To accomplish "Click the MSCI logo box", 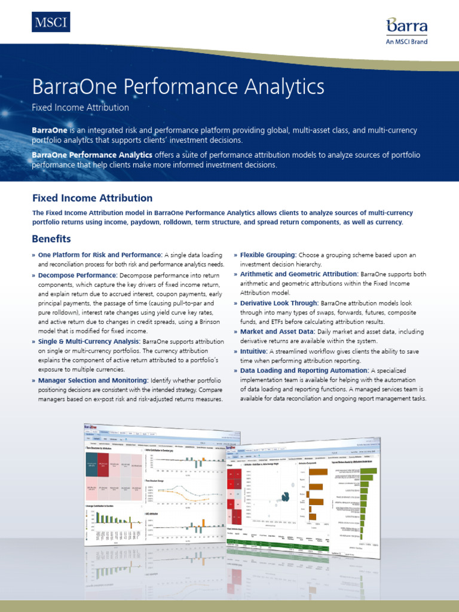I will click(x=51, y=22).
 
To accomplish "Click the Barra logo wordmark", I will click(x=407, y=26).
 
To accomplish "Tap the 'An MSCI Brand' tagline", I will click(x=407, y=42).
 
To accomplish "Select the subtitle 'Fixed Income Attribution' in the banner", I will click(x=80, y=108).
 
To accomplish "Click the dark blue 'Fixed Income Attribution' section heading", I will click(x=92, y=198).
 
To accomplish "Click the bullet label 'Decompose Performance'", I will click(x=77, y=276).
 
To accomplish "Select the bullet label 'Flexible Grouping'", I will click(x=268, y=255).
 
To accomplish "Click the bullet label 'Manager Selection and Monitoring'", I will click(x=93, y=380).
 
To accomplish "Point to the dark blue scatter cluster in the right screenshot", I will click(x=285, y=494).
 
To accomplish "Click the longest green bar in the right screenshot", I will click(x=369, y=470).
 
